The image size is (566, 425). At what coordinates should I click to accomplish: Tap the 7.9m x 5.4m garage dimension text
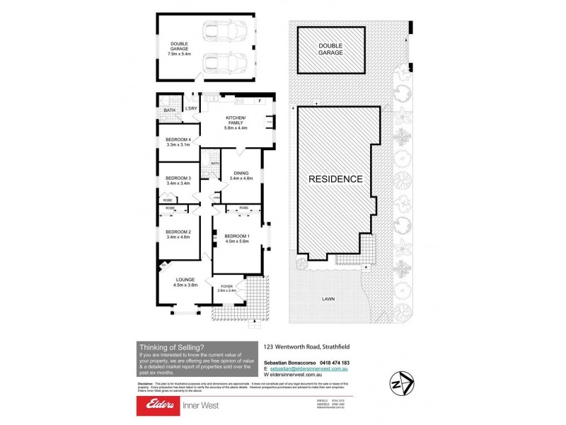(x=178, y=53)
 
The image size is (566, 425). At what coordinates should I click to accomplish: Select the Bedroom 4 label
(x=178, y=140)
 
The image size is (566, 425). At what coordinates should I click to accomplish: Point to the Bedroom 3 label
(x=178, y=178)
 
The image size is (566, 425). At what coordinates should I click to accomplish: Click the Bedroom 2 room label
(x=178, y=232)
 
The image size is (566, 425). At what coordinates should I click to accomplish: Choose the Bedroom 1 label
(x=238, y=236)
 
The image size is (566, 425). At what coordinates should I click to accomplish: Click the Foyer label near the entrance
(x=226, y=286)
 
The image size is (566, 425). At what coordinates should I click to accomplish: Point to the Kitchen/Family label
(x=235, y=120)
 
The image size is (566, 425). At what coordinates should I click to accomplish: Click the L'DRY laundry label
(x=191, y=108)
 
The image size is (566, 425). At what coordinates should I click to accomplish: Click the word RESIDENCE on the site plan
(x=335, y=178)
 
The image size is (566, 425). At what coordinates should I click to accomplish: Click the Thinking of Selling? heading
(x=173, y=346)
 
